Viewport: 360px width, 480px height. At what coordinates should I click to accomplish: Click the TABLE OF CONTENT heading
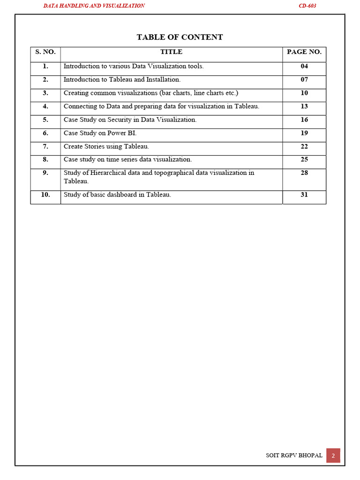[x=180, y=37]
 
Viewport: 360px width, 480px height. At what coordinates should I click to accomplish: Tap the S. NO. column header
[x=45, y=52]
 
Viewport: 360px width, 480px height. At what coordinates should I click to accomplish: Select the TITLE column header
[x=171, y=52]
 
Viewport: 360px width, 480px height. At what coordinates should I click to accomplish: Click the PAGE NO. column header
[x=304, y=52]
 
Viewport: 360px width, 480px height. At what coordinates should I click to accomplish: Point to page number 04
[x=304, y=67]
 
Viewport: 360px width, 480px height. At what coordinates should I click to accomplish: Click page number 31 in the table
[x=304, y=195]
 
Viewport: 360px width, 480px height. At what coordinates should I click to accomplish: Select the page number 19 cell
[x=304, y=133]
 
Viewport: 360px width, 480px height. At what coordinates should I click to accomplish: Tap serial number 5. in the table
[x=45, y=120]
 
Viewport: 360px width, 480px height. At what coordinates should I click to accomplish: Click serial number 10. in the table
[x=45, y=195]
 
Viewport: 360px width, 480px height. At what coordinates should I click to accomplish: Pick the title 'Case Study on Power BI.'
[x=100, y=133]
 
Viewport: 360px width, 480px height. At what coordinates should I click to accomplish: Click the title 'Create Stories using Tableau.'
[x=106, y=147]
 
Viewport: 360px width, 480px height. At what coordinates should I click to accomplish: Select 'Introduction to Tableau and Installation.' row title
[x=122, y=80]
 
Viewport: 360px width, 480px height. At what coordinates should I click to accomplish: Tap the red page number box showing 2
[x=333, y=456]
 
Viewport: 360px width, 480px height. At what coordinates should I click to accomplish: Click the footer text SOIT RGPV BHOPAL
[x=294, y=456]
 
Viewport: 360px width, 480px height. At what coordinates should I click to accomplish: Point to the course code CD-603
[x=307, y=6]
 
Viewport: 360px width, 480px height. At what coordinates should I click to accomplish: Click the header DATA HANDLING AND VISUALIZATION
[x=94, y=6]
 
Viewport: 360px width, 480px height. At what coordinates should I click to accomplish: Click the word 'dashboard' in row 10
[x=117, y=195]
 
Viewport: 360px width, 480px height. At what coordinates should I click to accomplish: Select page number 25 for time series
[x=304, y=160]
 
